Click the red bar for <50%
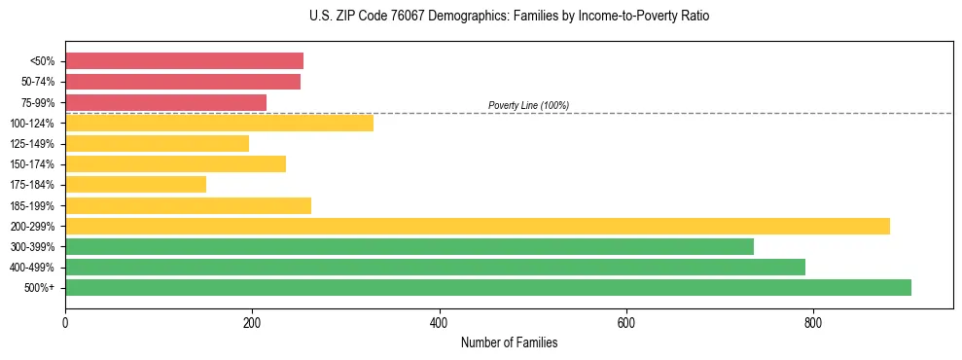184,61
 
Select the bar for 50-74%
183,82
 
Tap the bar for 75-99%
165,102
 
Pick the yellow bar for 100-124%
219,123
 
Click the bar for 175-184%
135,184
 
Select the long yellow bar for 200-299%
478,226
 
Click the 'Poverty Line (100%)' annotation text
528,105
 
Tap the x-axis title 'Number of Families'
509,342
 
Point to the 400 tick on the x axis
440,322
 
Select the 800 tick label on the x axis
813,322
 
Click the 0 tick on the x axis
65,322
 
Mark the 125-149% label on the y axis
32,144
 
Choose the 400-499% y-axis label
32,268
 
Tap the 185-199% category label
32,206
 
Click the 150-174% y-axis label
32,164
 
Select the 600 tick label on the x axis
626,322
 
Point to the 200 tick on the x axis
252,322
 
